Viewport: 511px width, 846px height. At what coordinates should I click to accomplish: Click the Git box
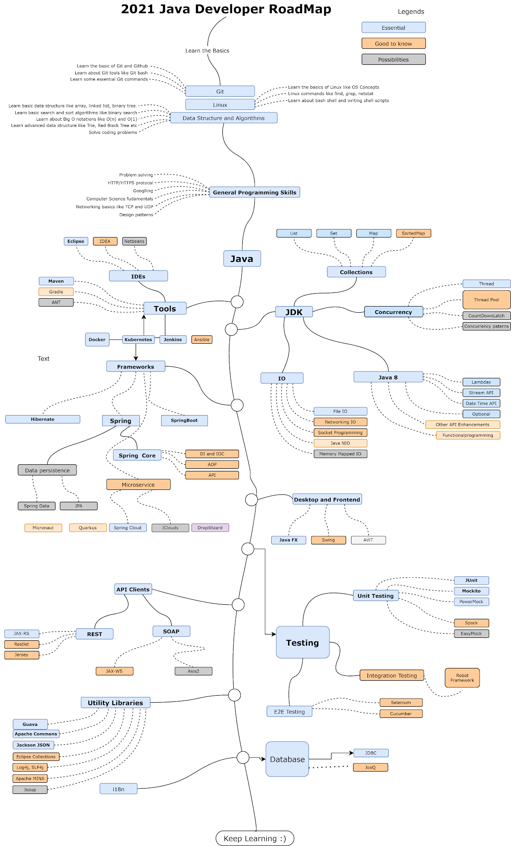pyautogui.click(x=220, y=91)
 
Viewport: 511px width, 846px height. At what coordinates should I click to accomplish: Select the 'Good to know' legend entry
pyautogui.click(x=393, y=43)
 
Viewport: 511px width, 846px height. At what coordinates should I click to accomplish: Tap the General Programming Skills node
pyautogui.click(x=254, y=192)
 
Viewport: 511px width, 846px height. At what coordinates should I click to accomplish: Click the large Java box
pyautogui.click(x=242, y=259)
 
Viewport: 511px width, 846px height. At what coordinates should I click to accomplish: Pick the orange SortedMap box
pyautogui.click(x=413, y=233)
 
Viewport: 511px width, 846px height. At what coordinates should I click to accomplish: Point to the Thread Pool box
pyautogui.click(x=486, y=300)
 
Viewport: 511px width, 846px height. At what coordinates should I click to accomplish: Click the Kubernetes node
pyautogui.click(x=138, y=340)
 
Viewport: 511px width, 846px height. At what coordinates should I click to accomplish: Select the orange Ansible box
pyautogui.click(x=202, y=340)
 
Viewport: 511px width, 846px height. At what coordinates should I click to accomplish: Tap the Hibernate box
pyautogui.click(x=43, y=419)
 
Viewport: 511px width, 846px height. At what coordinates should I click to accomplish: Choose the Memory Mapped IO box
pyautogui.click(x=340, y=454)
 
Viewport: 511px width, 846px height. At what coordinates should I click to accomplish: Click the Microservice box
pyautogui.click(x=138, y=485)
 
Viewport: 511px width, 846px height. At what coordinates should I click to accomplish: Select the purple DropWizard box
pyautogui.click(x=210, y=528)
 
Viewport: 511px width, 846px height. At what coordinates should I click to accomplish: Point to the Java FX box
pyautogui.click(x=288, y=540)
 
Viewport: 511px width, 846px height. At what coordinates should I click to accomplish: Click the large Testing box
pyautogui.click(x=302, y=642)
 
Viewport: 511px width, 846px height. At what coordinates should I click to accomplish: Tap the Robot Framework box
pyautogui.click(x=462, y=678)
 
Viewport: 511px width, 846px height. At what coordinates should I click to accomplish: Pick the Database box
pyautogui.click(x=287, y=759)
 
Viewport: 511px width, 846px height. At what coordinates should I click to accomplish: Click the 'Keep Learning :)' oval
pyautogui.click(x=255, y=839)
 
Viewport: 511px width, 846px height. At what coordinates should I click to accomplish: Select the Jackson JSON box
pyautogui.click(x=33, y=745)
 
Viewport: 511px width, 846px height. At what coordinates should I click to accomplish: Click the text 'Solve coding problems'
pyautogui.click(x=113, y=133)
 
